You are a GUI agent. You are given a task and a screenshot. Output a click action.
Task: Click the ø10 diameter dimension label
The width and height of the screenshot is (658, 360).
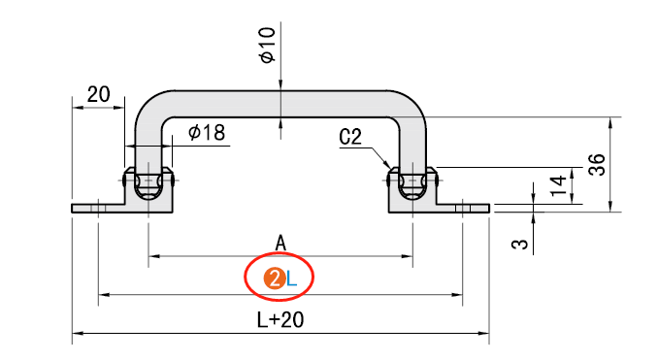point(268,46)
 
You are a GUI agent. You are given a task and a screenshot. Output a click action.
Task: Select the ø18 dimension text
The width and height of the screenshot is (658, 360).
point(207,133)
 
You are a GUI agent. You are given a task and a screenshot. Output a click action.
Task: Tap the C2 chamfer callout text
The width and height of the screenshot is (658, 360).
point(350,137)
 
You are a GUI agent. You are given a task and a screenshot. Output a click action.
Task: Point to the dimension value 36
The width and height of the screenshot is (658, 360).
point(597,165)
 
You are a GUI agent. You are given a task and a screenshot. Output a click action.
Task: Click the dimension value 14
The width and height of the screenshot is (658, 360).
point(558,186)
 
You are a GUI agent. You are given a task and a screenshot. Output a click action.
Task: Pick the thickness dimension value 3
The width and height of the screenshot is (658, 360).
point(520,244)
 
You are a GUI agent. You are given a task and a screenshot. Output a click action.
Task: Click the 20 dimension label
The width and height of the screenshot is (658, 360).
point(99,94)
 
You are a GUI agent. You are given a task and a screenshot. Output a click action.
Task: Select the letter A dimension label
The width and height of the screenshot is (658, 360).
point(280,244)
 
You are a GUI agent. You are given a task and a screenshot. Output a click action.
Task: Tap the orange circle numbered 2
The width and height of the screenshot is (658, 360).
point(275,279)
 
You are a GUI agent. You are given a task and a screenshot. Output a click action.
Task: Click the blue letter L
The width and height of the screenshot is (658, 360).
point(292,279)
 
